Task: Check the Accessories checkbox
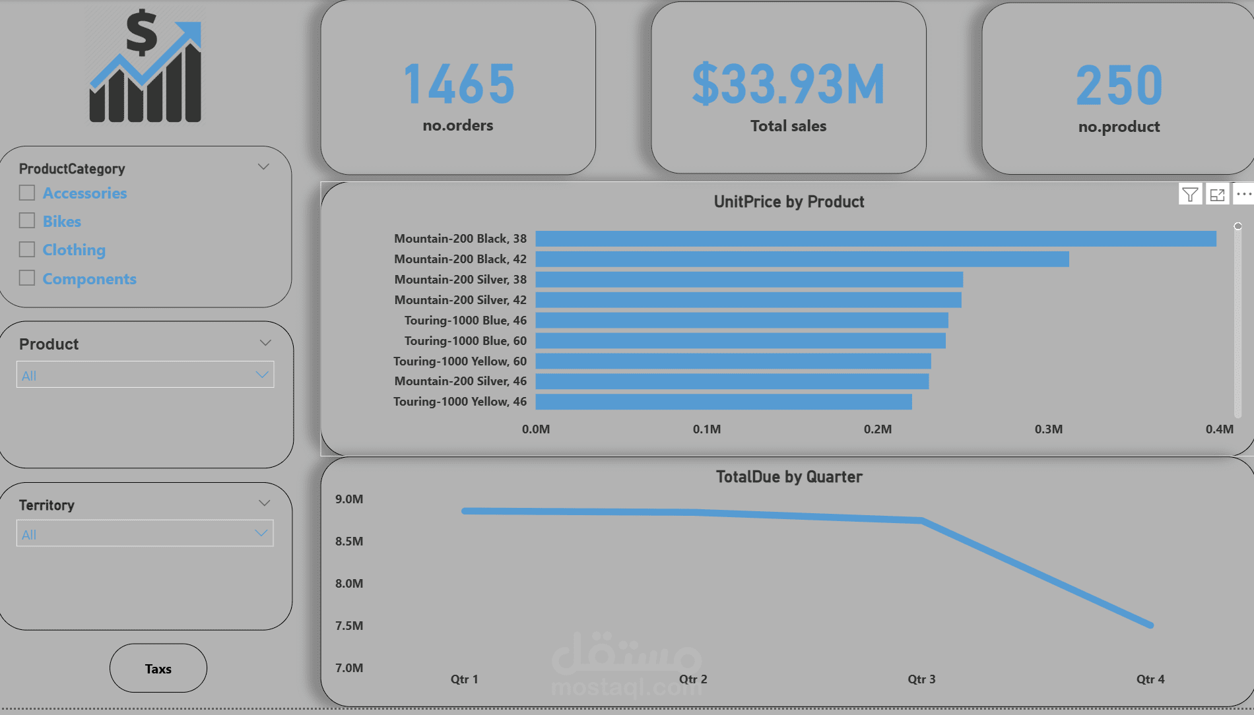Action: pyautogui.click(x=27, y=193)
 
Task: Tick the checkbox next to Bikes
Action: pyautogui.click(x=27, y=220)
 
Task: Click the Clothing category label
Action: pyautogui.click(x=74, y=250)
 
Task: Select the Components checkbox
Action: pyautogui.click(x=27, y=278)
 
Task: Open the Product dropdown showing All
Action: pyautogui.click(x=145, y=375)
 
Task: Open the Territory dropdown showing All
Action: pyautogui.click(x=145, y=534)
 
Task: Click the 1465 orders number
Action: pyautogui.click(x=459, y=84)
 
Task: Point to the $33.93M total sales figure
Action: pyautogui.click(x=788, y=84)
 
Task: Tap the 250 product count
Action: pyautogui.click(x=1119, y=86)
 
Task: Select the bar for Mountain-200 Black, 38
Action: pyautogui.click(x=875, y=239)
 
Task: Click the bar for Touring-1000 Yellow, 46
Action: pyautogui.click(x=723, y=402)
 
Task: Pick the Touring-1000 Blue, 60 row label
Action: pyautogui.click(x=465, y=341)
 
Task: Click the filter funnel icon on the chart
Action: pyautogui.click(x=1190, y=195)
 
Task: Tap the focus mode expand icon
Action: pyautogui.click(x=1217, y=195)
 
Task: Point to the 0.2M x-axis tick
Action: pyautogui.click(x=877, y=429)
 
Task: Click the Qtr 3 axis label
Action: pyautogui.click(x=921, y=679)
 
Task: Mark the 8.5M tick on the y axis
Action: pyautogui.click(x=349, y=542)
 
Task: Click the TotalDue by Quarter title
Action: pyautogui.click(x=789, y=477)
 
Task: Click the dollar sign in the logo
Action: pyautogui.click(x=141, y=33)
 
